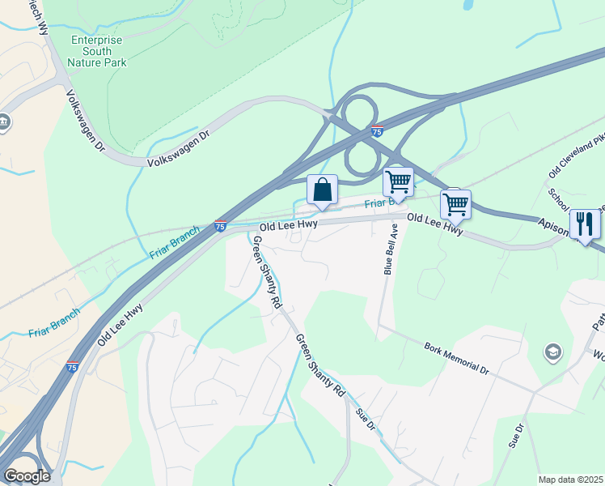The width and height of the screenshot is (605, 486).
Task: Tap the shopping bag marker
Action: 322,191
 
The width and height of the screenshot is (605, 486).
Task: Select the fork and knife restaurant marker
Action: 584,224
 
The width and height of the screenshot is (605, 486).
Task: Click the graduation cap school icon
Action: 553,351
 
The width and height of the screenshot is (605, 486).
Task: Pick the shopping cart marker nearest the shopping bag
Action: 398,182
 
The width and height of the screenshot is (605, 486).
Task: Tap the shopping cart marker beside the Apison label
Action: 456,204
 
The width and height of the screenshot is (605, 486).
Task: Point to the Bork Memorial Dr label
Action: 457,357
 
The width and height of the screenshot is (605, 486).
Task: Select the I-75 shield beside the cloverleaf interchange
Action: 377,131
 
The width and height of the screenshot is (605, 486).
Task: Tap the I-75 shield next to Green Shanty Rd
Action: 220,227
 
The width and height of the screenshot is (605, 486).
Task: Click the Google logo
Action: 27,475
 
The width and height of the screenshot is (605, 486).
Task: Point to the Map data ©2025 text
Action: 569,480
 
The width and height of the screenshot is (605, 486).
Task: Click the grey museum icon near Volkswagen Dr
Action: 4,123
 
